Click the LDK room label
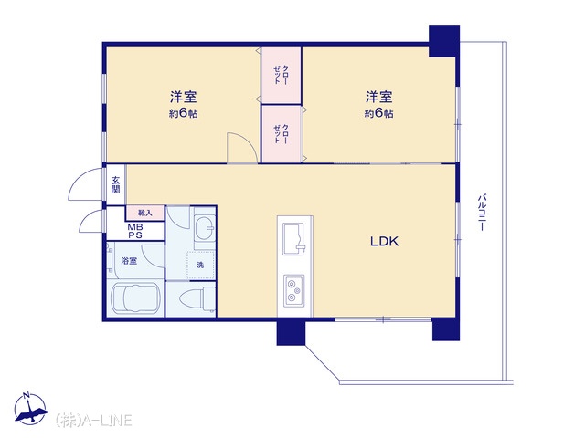click(384, 241)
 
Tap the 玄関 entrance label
click(116, 184)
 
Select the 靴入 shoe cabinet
click(144, 213)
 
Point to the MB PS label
click(135, 231)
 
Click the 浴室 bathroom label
click(129, 261)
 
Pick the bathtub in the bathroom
click(135, 298)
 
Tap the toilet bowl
click(197, 298)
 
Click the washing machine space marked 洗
click(200, 265)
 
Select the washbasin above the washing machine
click(205, 228)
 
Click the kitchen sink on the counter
click(294, 239)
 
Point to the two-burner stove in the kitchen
click(294, 290)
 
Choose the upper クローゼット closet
click(281, 75)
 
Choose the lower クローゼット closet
click(281, 134)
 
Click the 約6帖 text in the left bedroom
click(183, 113)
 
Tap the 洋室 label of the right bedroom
click(378, 97)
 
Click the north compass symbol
click(30, 409)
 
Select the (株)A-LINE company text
click(93, 420)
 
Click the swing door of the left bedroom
click(242, 148)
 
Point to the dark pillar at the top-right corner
click(444, 41)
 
